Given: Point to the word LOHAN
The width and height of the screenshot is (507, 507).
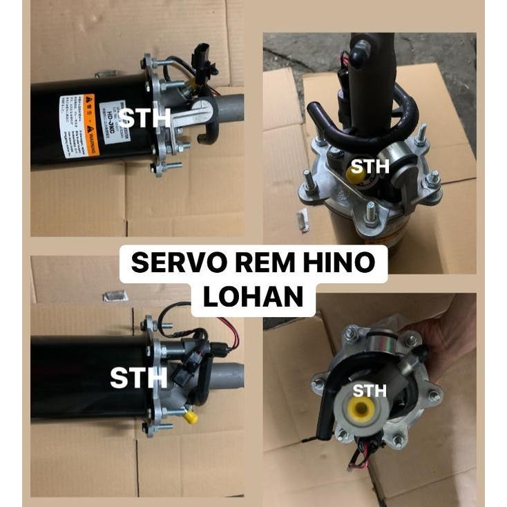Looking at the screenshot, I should coord(254,296).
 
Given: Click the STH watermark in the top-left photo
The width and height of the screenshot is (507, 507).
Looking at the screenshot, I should coord(144,117).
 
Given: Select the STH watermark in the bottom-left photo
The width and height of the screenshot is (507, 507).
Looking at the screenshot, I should coord(139,377).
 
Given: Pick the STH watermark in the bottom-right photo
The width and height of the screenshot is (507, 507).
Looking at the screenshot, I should coord(370,391).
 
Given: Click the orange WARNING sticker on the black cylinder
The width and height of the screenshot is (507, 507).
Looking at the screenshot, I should coord(90,125).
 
